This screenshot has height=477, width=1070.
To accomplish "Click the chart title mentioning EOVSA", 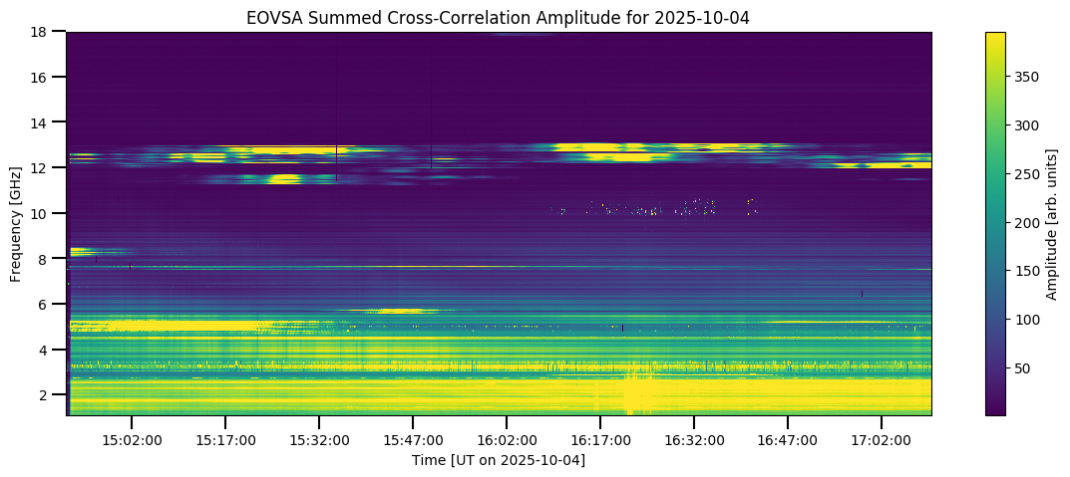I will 499,16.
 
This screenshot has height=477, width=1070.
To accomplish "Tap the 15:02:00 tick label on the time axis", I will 132,439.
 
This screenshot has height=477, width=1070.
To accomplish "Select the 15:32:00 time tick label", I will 319,439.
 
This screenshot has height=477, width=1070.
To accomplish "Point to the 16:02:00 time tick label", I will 507,439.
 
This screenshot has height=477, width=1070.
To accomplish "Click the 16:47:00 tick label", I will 788,439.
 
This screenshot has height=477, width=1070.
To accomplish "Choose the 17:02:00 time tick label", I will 882,439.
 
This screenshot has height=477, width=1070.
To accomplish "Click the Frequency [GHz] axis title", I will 16,223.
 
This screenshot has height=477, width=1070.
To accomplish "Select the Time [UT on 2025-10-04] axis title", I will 499,460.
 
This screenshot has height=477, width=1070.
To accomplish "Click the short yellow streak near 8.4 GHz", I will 80,251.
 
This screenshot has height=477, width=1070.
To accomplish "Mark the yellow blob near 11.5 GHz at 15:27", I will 284,179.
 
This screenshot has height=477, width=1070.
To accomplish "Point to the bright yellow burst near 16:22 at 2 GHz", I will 636,393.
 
